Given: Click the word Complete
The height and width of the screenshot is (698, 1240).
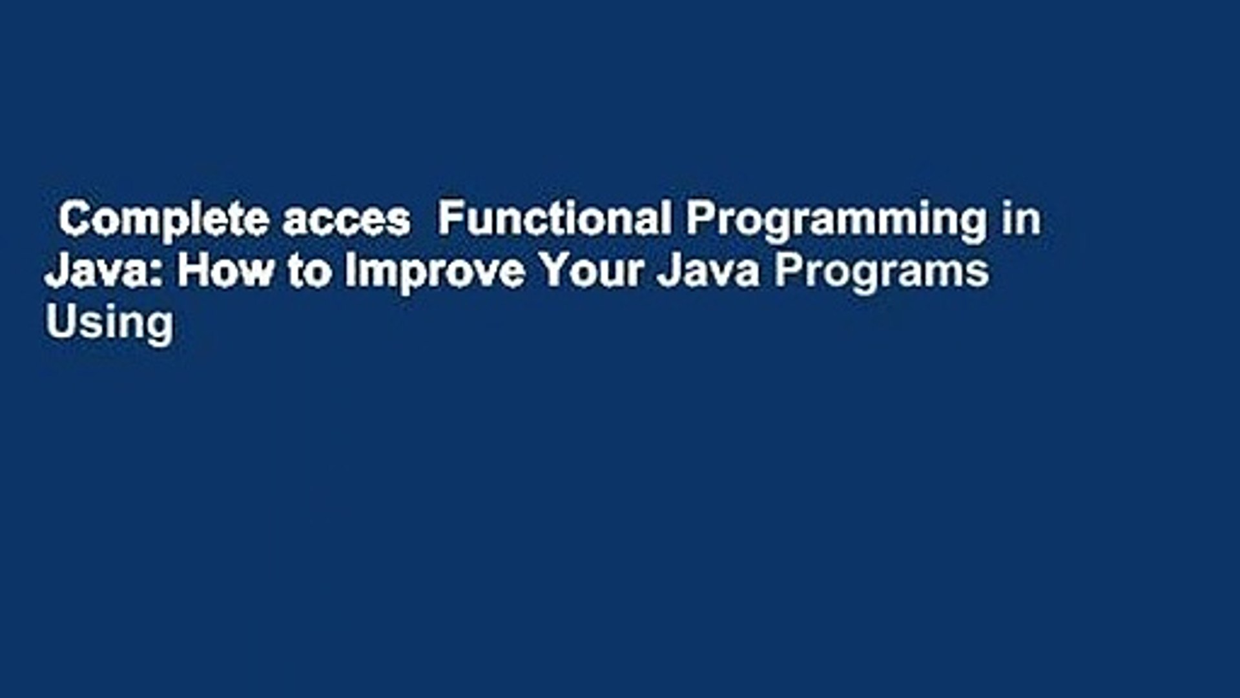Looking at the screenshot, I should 164,220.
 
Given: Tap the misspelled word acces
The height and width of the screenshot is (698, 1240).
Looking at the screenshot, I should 346,220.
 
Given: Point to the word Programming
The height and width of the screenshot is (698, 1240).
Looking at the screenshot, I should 836,220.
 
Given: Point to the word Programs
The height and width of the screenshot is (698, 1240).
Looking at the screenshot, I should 882,271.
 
